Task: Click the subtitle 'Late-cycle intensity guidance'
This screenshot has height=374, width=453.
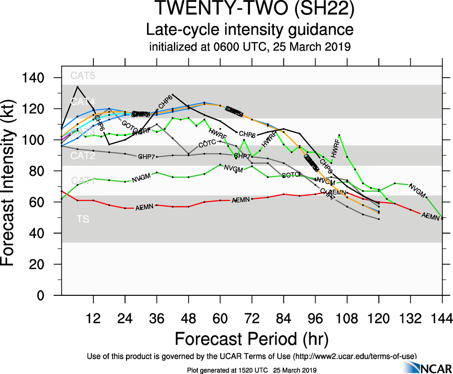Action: [250, 30]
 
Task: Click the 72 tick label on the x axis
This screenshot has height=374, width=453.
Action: [251, 318]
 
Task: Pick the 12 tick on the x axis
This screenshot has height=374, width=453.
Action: [93, 318]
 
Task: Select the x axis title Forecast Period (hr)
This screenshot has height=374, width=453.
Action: [251, 339]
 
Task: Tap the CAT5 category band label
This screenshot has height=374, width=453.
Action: [83, 75]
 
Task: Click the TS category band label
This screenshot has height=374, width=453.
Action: [82, 219]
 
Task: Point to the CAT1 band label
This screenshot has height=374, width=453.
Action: [83, 181]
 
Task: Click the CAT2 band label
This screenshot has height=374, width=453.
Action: [83, 156]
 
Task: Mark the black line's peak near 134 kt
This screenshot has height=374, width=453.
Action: [78, 87]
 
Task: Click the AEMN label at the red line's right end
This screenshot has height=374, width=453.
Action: [430, 217]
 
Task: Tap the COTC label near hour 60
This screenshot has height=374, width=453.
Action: [207, 144]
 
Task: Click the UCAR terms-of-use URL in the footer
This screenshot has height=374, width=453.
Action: [354, 356]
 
